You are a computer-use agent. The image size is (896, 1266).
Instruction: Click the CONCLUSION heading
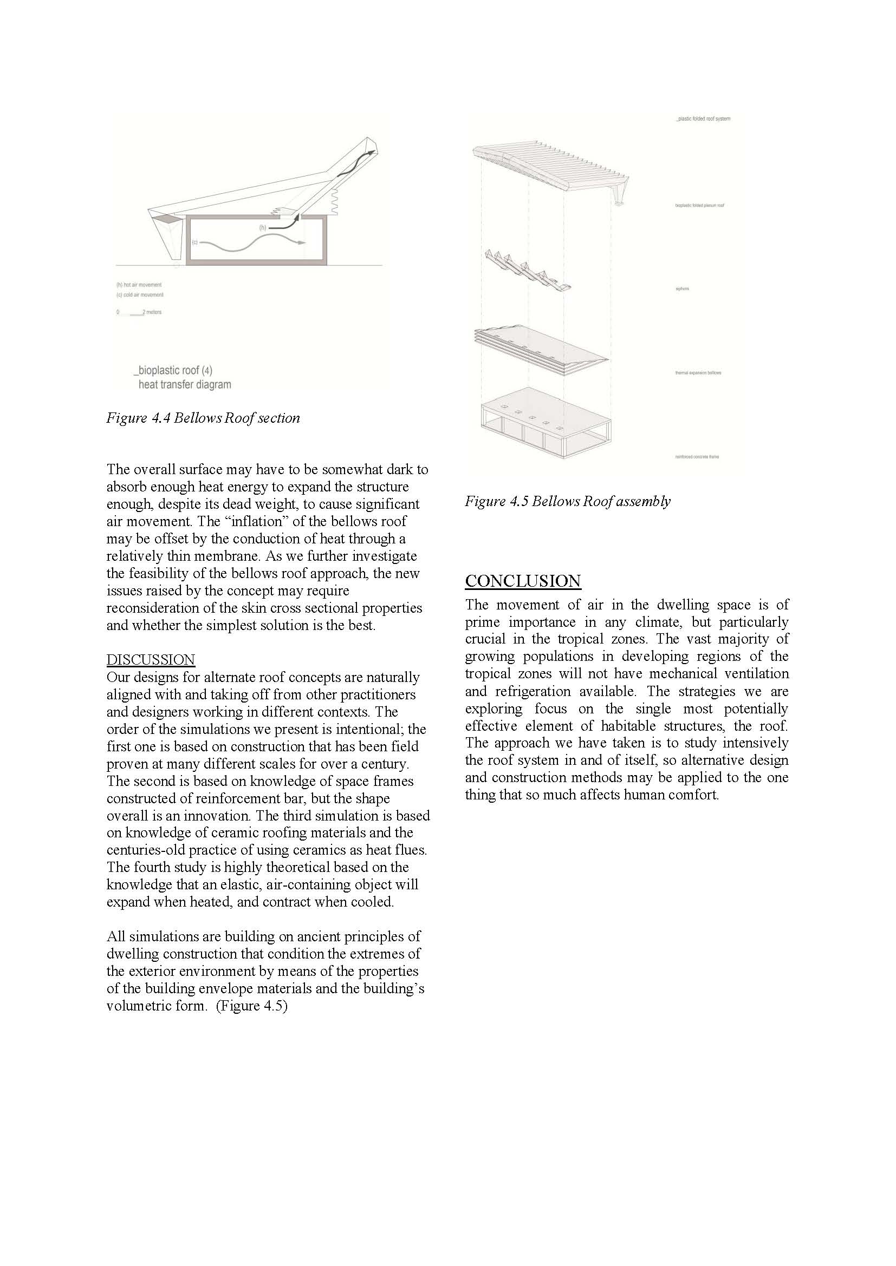(x=522, y=581)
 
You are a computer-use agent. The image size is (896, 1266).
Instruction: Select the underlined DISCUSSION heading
(x=151, y=660)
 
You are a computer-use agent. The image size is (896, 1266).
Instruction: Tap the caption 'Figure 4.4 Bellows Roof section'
(x=203, y=418)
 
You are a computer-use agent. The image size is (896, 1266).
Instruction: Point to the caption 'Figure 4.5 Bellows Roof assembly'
(x=568, y=501)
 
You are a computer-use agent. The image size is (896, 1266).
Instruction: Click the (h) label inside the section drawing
(x=263, y=227)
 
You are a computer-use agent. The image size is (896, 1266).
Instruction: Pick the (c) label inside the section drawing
(x=195, y=242)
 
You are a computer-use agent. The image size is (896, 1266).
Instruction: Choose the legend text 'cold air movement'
(x=144, y=295)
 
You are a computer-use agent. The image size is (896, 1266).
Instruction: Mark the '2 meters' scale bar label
(x=152, y=312)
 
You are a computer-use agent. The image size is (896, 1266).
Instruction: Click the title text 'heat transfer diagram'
(x=185, y=385)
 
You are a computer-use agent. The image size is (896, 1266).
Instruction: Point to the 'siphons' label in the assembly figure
(x=683, y=289)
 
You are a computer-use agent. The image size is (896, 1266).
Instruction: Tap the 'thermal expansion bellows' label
(x=698, y=373)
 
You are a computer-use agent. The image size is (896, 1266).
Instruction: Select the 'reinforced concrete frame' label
(x=697, y=457)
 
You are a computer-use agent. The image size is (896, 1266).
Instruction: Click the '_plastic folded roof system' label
(x=703, y=119)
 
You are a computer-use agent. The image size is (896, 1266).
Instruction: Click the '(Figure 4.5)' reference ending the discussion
(x=252, y=1005)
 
